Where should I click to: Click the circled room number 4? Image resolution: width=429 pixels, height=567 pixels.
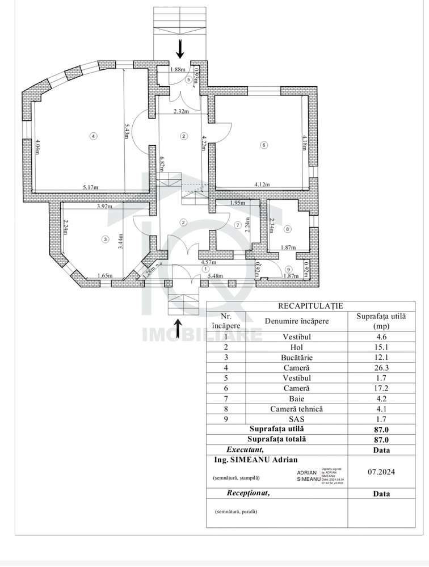coord(94,136)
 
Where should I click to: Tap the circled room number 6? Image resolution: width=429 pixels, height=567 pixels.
coord(263,145)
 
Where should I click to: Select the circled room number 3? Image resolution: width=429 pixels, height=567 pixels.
coord(105,240)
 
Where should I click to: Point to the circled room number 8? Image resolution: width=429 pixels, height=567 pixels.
coord(288,229)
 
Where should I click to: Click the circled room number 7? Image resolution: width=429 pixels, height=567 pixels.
coord(238,225)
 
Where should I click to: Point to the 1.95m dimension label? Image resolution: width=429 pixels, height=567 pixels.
coord(237,203)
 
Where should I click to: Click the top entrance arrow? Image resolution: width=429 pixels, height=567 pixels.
coord(180,49)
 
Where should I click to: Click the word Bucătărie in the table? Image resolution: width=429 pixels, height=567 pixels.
coord(297,358)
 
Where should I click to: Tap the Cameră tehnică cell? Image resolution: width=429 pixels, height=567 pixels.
coord(297,409)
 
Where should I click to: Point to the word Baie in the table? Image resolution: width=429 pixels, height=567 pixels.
coord(297,398)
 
